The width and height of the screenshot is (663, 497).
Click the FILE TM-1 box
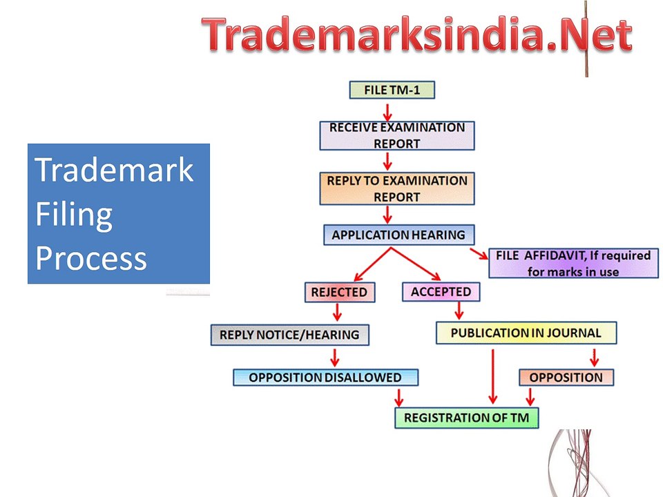pos(392,90)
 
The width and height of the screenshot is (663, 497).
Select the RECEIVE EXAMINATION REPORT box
pos(397,136)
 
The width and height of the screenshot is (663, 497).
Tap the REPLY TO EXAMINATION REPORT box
pos(397,188)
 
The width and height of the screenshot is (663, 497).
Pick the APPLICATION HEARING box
pos(398,235)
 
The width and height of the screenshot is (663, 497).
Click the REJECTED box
pos(340,293)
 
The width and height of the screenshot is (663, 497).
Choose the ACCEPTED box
pos(441,292)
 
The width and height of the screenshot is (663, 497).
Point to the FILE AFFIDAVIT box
pos(573,263)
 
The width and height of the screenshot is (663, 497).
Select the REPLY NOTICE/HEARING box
pos(289,335)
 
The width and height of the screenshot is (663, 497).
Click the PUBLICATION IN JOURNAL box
pos(526,333)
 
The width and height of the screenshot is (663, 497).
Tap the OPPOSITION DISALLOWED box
pos(325,378)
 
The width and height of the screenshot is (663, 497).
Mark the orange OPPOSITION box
pos(566,378)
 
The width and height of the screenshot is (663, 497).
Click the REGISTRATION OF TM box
pos(466,418)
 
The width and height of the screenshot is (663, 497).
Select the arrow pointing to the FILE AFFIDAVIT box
pos(479,253)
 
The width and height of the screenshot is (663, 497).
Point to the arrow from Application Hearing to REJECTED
pos(372,264)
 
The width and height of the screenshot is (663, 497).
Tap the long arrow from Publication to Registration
pos(492,376)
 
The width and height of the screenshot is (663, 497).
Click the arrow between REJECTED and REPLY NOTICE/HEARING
pos(337,312)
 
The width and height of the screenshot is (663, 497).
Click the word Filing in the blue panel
pos(74,215)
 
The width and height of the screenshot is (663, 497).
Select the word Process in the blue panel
pos(91,258)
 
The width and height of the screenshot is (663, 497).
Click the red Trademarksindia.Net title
pos(417,34)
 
